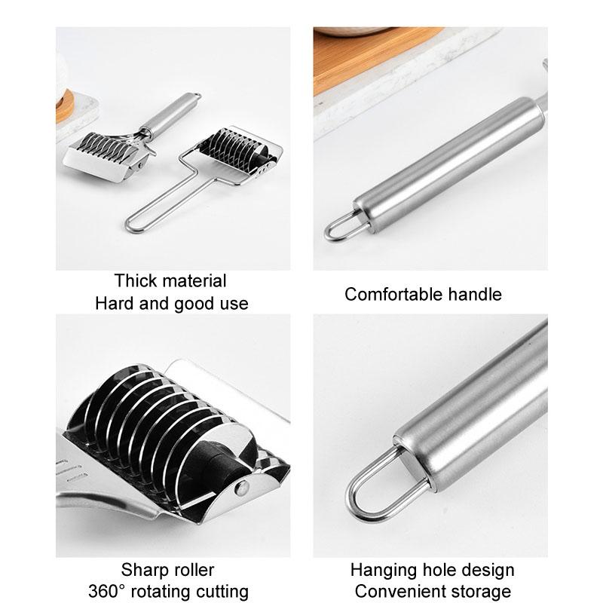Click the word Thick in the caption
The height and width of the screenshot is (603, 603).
pos(136,281)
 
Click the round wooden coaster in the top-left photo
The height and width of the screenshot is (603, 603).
pos(64,106)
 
